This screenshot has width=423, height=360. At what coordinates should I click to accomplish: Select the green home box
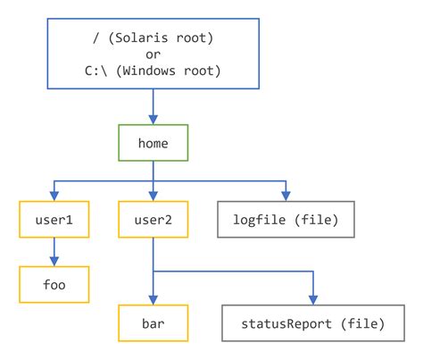[153, 140]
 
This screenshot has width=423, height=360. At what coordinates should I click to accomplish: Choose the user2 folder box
[153, 217]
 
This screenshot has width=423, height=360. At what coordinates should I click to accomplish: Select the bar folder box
[153, 322]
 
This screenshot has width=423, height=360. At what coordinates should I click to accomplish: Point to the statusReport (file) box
[313, 322]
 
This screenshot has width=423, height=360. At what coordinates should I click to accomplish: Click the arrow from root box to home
[153, 106]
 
